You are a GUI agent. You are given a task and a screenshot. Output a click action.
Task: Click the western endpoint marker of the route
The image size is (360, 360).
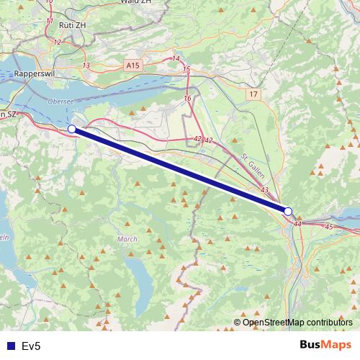[72, 129]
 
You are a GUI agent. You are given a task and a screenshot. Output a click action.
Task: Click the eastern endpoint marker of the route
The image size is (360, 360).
[288, 212]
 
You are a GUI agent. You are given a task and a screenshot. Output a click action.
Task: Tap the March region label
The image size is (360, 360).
[126, 238]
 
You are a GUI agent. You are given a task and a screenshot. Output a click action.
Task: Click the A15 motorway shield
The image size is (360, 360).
[132, 65]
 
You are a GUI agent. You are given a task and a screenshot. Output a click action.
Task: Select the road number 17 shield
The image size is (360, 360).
[251, 94]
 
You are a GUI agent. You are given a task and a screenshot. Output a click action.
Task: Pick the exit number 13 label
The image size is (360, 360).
[86, 66]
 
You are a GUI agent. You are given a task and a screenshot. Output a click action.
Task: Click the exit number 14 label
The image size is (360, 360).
[176, 58]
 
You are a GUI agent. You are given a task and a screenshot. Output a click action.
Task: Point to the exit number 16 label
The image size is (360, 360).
[188, 98]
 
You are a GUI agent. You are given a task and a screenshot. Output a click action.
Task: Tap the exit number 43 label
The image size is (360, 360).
[264, 190]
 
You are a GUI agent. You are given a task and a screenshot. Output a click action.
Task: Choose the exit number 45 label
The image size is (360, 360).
[329, 227]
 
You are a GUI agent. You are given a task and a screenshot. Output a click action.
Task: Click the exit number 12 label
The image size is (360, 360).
[58, 42]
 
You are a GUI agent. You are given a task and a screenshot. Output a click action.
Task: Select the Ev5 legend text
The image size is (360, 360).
[32, 346]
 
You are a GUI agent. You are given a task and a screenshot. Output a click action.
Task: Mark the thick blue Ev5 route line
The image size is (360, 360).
[180, 171]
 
